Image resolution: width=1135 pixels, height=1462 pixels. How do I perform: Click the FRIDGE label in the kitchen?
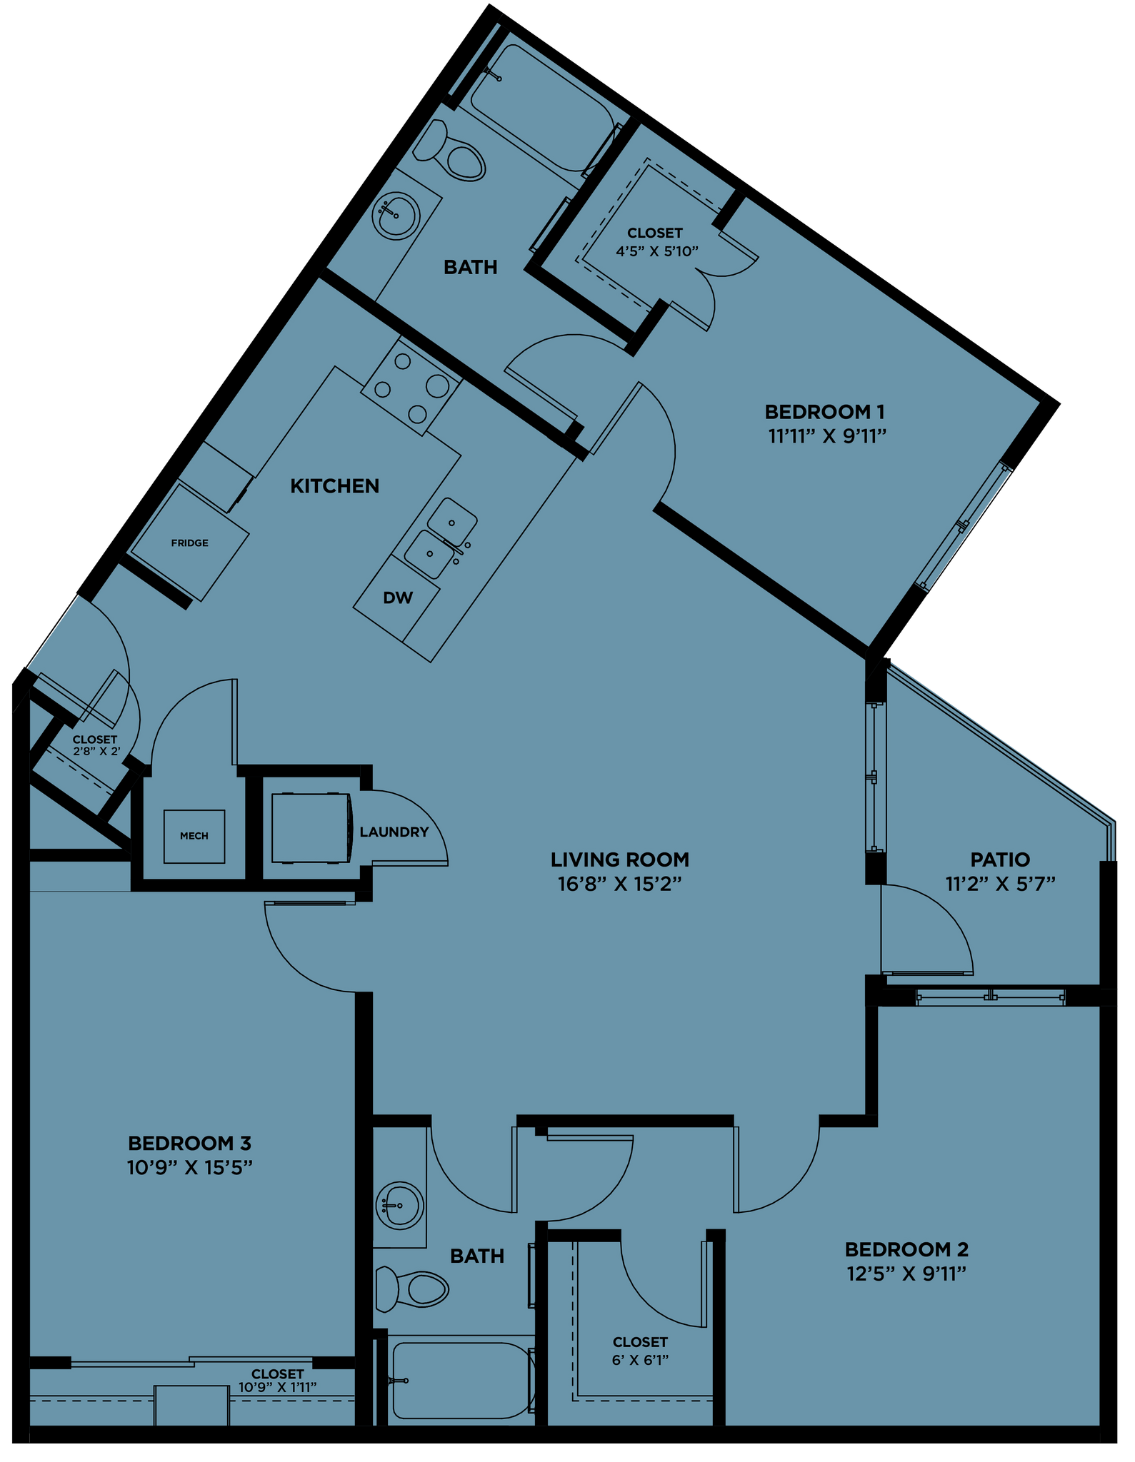189,543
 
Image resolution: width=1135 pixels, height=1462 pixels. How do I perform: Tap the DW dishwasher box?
398,598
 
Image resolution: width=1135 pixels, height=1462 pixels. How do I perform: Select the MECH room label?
194,836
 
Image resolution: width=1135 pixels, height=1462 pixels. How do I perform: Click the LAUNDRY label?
394,832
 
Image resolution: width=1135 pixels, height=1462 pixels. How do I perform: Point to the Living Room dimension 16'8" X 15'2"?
619,884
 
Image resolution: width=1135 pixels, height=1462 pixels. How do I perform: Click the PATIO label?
1000,859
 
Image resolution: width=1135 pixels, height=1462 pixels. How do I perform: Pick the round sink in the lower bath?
399,1206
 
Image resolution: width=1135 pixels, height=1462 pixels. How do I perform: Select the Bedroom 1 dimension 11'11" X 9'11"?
827,436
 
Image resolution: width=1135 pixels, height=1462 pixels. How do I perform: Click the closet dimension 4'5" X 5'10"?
656,251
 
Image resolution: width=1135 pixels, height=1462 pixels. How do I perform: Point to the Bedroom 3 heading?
189,1144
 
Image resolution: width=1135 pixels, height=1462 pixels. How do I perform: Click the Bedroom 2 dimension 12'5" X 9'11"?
906,1274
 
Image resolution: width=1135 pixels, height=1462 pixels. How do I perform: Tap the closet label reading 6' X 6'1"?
640,1360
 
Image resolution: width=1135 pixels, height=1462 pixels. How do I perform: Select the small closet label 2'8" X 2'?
95,751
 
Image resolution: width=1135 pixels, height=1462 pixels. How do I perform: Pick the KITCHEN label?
334,486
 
